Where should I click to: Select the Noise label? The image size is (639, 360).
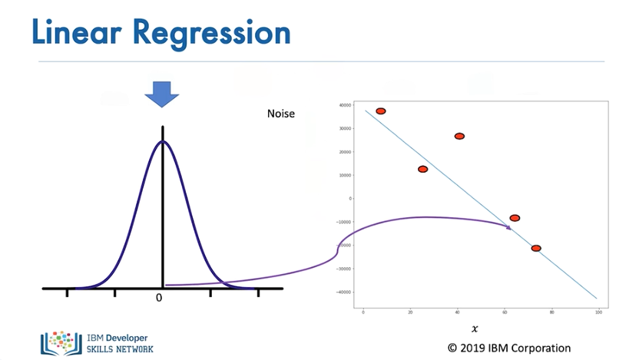280,114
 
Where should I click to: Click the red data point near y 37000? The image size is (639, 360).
380,111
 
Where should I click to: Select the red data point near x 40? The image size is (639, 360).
459,136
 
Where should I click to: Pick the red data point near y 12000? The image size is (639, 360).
422,169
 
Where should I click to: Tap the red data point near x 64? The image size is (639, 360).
515,218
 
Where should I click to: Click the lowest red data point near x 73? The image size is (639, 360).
536,248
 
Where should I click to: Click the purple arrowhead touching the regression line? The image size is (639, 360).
508,227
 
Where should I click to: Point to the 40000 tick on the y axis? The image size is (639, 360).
344,105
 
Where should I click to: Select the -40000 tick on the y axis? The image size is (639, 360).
343,292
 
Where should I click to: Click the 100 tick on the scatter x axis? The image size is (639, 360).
598,312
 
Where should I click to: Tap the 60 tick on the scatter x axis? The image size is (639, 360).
504,312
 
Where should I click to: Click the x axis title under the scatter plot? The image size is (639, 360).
475,329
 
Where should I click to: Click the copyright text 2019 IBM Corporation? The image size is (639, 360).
509,348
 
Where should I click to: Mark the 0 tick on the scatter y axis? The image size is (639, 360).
350,199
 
